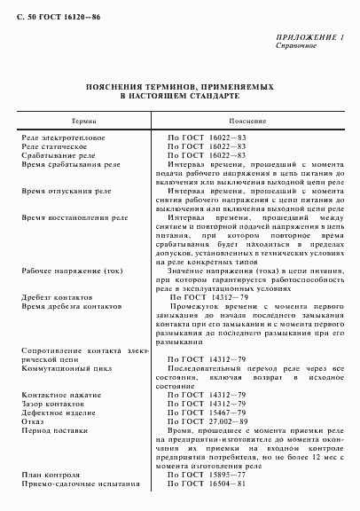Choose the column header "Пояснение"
[247, 120]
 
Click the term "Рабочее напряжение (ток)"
[74, 271]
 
